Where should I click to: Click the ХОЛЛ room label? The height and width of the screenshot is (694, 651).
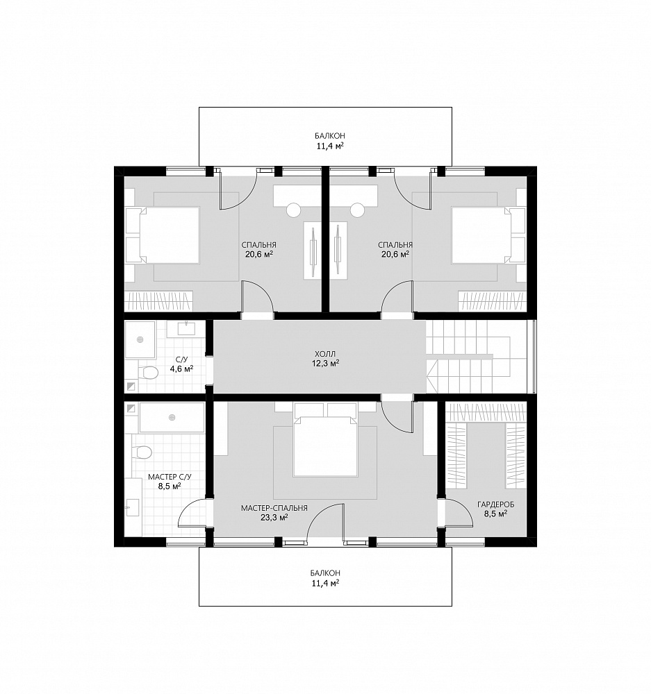click(x=325, y=354)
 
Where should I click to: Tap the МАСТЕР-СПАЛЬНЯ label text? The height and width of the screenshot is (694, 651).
click(x=274, y=508)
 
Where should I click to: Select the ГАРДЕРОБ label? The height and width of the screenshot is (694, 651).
click(x=495, y=505)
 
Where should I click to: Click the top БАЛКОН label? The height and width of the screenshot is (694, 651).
click(x=330, y=136)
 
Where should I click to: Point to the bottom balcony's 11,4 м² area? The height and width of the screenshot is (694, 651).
click(x=325, y=583)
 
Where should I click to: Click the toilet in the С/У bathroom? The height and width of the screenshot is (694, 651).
click(x=148, y=372)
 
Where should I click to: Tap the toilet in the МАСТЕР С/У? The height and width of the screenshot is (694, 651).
click(x=142, y=452)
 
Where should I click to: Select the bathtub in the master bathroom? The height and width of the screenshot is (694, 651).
click(x=172, y=417)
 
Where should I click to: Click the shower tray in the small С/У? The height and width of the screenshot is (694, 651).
click(x=140, y=339)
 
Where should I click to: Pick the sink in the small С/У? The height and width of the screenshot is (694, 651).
click(x=186, y=328)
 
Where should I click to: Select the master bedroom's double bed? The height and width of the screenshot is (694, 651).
click(x=325, y=446)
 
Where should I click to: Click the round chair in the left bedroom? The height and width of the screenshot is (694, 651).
click(x=293, y=210)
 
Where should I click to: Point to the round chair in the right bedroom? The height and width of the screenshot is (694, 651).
click(x=357, y=210)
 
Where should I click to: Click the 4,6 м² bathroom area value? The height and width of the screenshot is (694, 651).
click(x=182, y=369)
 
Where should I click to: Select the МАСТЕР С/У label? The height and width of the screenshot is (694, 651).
click(x=170, y=477)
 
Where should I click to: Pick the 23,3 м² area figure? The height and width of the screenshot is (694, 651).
click(x=274, y=518)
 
